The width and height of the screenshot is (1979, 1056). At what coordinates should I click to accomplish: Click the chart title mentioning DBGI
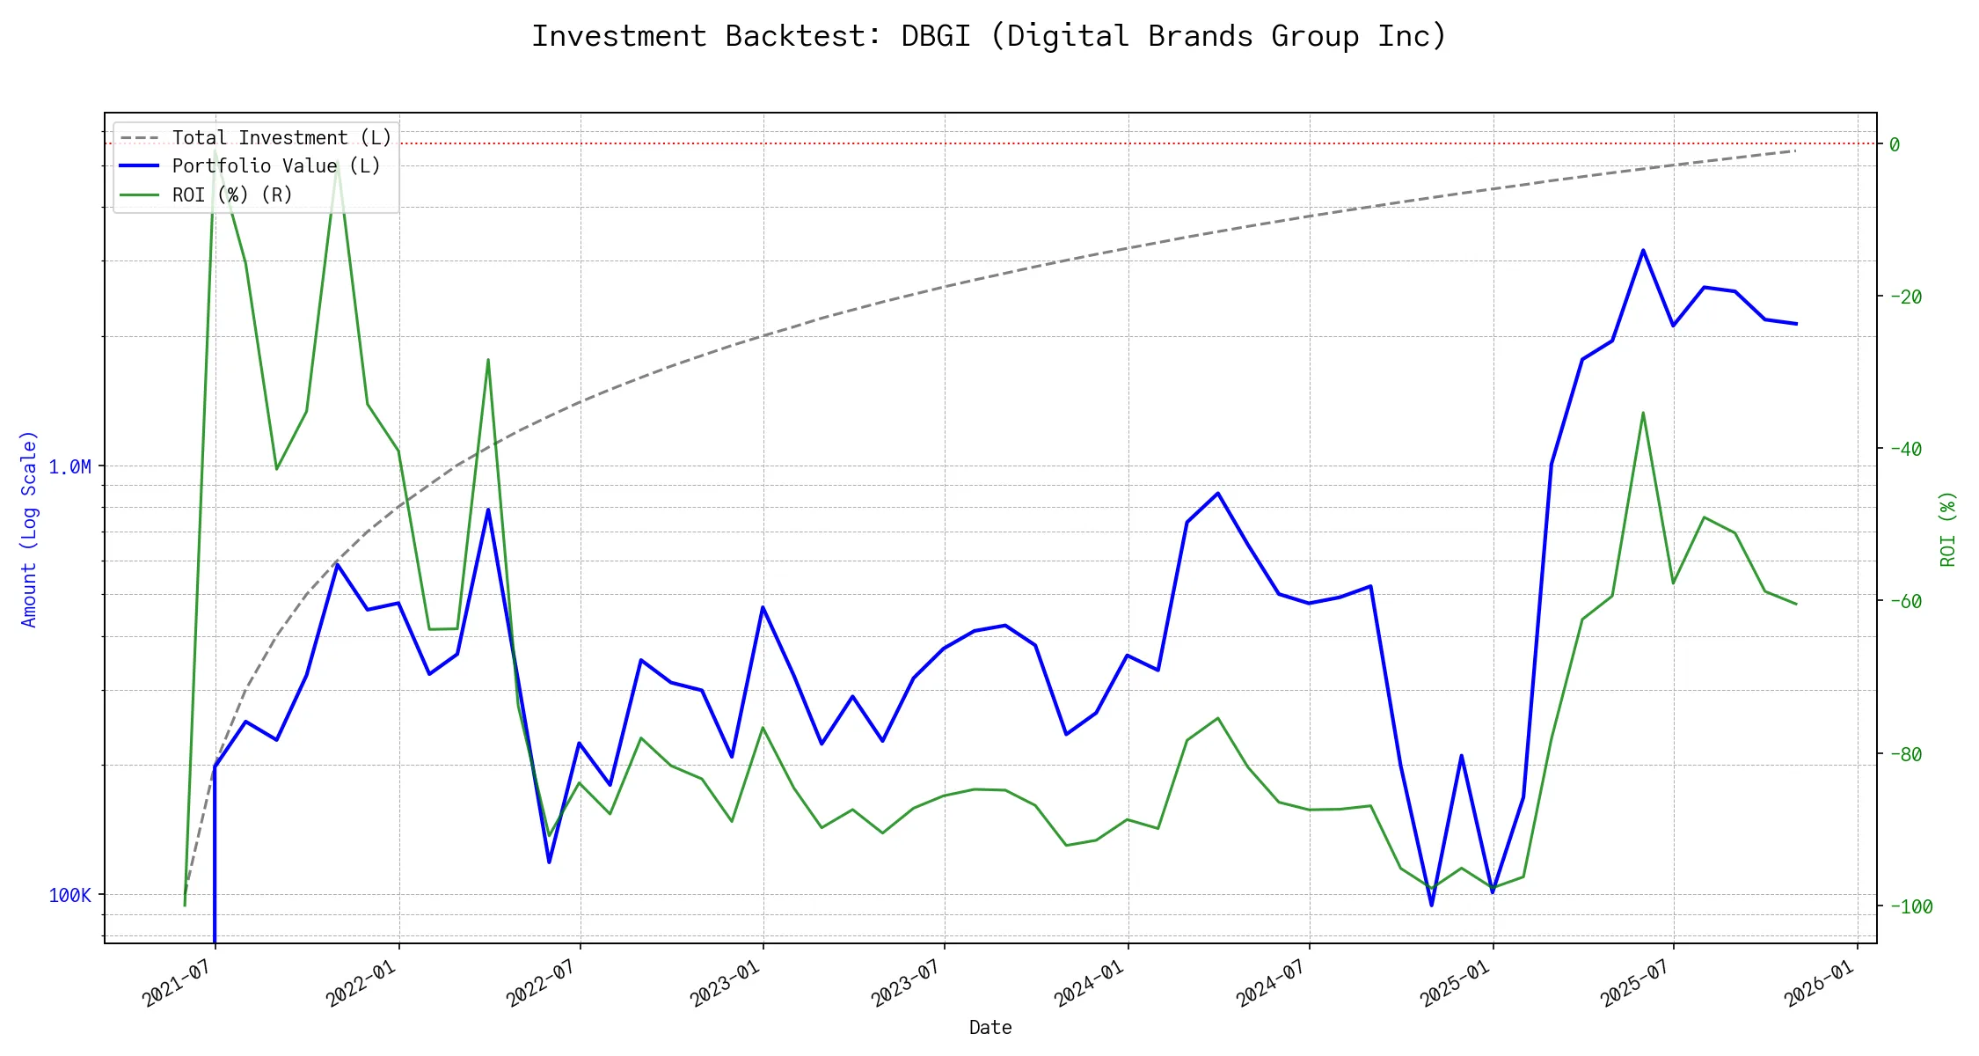(x=989, y=37)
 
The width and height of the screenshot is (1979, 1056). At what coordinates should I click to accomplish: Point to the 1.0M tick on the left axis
(x=69, y=466)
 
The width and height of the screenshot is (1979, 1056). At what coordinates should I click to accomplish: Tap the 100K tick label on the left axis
(x=69, y=895)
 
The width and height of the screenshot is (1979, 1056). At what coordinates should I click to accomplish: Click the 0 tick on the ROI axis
(x=1895, y=144)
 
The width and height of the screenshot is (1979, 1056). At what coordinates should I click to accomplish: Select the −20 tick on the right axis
(x=1905, y=297)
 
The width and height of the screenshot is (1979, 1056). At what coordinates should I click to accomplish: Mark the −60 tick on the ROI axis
(x=1905, y=601)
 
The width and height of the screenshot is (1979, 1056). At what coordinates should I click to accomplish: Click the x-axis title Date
(x=990, y=1027)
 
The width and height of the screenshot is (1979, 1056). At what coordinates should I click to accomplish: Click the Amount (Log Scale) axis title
(x=29, y=528)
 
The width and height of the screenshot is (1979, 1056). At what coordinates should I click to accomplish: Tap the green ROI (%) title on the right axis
(x=1948, y=528)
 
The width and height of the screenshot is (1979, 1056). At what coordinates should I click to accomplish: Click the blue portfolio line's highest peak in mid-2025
(x=1642, y=250)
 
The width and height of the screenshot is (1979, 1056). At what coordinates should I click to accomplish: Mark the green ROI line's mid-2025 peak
(x=1642, y=413)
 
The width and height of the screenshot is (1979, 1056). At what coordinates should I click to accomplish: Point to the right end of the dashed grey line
(x=1795, y=151)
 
